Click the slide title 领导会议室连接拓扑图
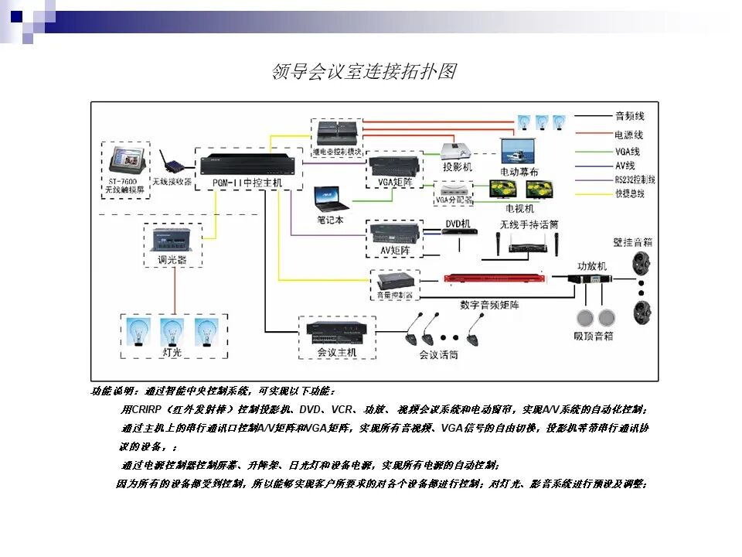(364, 72)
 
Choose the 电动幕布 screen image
(519, 150)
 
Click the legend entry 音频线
(629, 116)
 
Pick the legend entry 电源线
(629, 134)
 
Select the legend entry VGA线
(628, 152)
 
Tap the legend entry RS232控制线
(635, 179)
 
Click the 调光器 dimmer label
(172, 260)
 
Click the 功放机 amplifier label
(592, 265)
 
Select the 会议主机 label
(337, 352)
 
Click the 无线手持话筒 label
(529, 224)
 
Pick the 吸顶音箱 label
(594, 336)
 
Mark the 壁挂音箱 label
(634, 242)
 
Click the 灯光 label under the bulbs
(172, 352)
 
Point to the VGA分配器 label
(452, 200)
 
